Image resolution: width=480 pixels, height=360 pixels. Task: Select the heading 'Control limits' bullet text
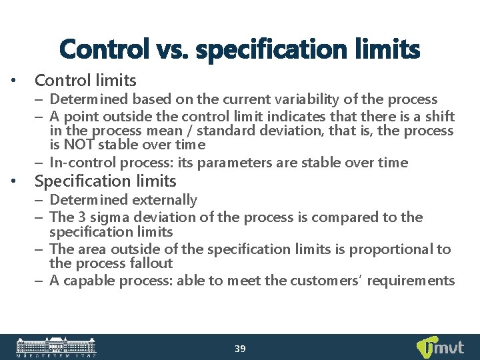[85, 81]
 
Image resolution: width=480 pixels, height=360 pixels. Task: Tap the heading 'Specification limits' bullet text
[105, 181]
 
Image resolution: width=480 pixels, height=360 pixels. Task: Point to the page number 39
[240, 349]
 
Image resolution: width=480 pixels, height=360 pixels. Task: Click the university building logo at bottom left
[56, 347]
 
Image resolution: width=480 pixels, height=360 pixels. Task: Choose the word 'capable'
[89, 281]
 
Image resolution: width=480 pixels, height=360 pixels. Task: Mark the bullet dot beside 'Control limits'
[15, 81]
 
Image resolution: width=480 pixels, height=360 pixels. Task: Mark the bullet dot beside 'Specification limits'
[15, 181]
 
